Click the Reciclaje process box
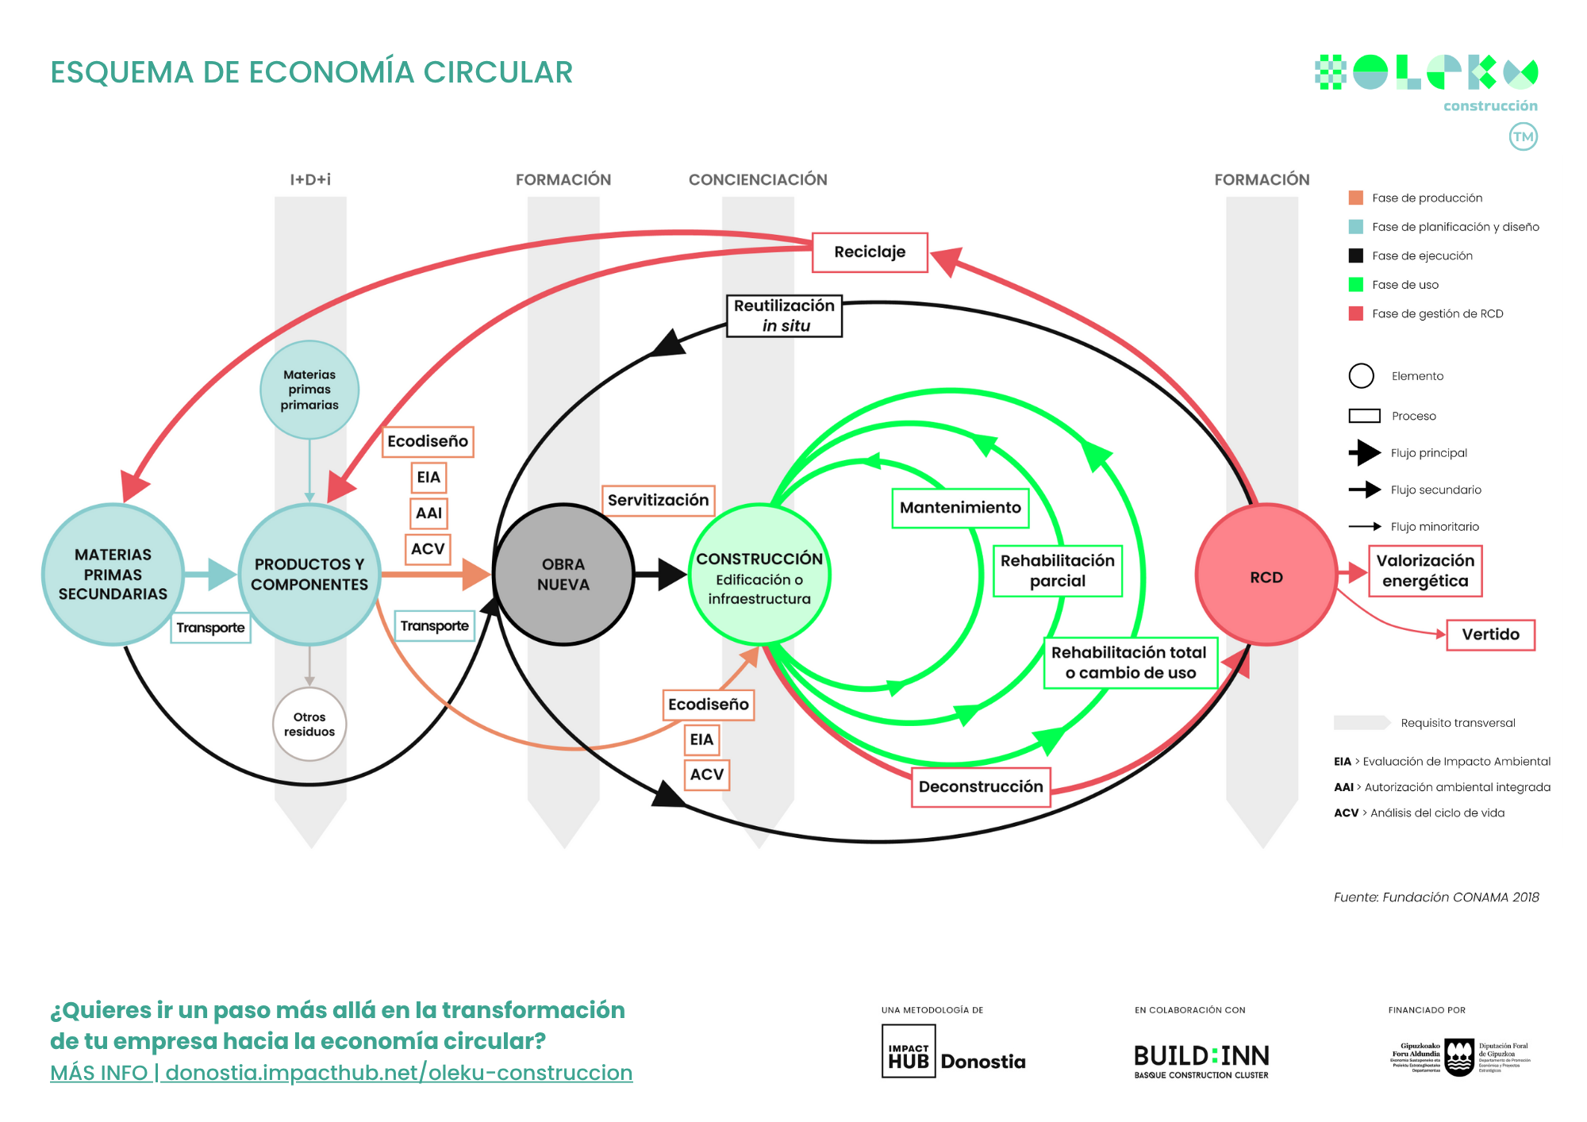click(x=870, y=252)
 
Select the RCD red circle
click(x=1266, y=576)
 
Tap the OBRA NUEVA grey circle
click(x=563, y=574)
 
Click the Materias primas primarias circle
click(x=309, y=390)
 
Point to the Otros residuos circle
click(x=309, y=724)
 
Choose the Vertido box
click(x=1490, y=635)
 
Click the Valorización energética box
click(x=1425, y=571)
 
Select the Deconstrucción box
click(x=981, y=786)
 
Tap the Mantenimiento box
click(x=960, y=508)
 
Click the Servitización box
click(x=658, y=501)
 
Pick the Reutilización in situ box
click(x=784, y=316)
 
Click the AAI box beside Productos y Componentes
click(x=428, y=513)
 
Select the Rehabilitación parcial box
click(x=1057, y=571)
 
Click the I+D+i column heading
click(x=310, y=180)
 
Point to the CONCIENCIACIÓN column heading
click(x=758, y=180)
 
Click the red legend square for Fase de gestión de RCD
click(x=1355, y=313)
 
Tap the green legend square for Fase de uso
click(x=1355, y=285)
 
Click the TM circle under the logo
click(x=1523, y=136)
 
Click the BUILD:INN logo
click(x=1201, y=1060)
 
